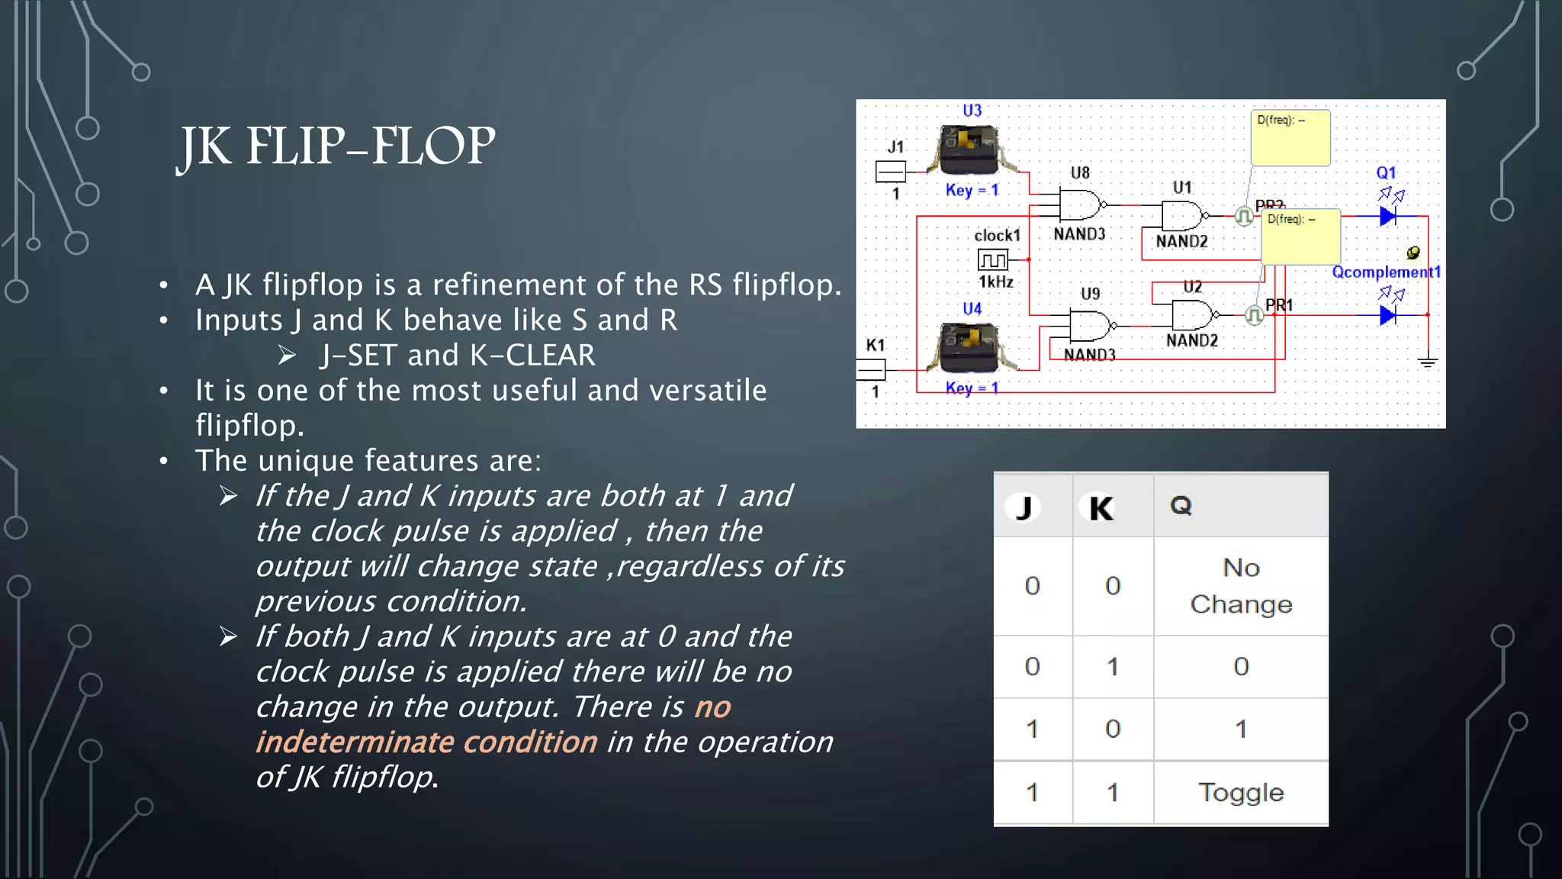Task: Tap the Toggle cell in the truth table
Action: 1240,792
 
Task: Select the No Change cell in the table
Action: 1240,586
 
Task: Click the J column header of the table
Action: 1024,507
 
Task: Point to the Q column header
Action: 1181,505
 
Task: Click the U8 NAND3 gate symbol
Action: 1080,204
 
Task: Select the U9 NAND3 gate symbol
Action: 1090,326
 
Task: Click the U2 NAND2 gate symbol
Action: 1192,314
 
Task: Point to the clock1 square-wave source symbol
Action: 993,260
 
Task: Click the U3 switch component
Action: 969,150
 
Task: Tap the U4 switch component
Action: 969,347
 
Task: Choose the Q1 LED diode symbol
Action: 1387,217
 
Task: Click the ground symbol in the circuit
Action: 1428,362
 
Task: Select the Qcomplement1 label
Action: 1386,272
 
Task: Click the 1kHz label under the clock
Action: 996,282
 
